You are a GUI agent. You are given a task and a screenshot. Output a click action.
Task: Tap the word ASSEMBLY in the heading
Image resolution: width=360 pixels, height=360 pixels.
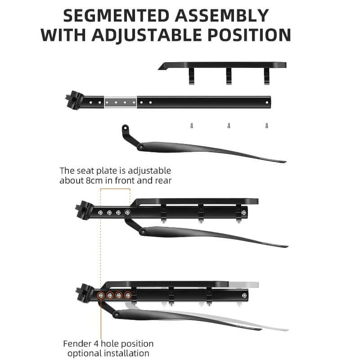pyautogui.click(x=221, y=16)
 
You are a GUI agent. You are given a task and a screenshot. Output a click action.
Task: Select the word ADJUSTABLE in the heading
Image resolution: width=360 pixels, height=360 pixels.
pyautogui.click(x=148, y=35)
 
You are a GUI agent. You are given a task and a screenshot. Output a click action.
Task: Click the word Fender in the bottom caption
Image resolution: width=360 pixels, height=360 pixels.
pyautogui.click(x=77, y=344)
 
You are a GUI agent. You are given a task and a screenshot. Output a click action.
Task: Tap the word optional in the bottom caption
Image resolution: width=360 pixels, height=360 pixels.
pyautogui.click(x=85, y=353)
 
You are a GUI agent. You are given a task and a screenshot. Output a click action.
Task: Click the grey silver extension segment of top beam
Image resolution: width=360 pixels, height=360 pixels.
pyautogui.click(x=121, y=102)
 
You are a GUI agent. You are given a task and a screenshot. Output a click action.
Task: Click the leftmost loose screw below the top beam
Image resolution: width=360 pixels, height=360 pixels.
pyautogui.click(x=192, y=126)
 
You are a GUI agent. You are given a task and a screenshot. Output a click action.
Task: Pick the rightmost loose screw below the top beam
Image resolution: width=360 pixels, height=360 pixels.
pyautogui.click(x=266, y=126)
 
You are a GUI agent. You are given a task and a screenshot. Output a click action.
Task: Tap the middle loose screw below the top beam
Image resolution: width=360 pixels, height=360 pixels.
pyautogui.click(x=229, y=126)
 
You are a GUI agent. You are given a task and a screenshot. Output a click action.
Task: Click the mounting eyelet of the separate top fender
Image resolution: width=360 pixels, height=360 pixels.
pyautogui.click(x=125, y=128)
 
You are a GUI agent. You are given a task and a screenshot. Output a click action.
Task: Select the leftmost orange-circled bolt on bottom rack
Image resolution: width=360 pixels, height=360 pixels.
pyautogui.click(x=101, y=295)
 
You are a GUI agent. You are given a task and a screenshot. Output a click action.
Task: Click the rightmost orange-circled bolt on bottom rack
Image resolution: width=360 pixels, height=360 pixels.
pyautogui.click(x=128, y=295)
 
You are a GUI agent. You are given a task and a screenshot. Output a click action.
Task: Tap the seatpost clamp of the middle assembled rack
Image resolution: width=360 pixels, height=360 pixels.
pyautogui.click(x=84, y=209)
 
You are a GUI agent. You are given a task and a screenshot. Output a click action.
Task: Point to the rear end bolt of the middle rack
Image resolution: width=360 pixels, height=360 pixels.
pyautogui.click(x=244, y=213)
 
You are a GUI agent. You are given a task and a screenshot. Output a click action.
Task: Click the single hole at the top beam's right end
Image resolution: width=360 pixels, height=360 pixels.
pyautogui.click(x=267, y=103)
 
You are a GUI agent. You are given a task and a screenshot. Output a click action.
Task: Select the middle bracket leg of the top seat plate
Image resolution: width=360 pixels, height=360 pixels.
pyautogui.click(x=229, y=76)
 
